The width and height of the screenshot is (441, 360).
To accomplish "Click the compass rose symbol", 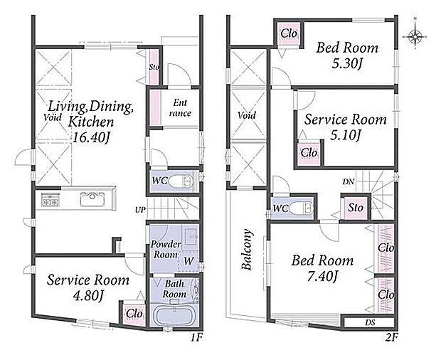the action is (x=415, y=36).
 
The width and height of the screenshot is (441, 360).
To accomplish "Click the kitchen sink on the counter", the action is (x=92, y=198).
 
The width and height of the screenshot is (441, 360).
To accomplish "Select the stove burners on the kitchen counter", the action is (x=51, y=198).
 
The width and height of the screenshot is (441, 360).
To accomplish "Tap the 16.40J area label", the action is (x=90, y=138).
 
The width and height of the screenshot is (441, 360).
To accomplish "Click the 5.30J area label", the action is (x=347, y=64).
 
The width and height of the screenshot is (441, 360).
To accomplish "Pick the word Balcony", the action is (x=247, y=250).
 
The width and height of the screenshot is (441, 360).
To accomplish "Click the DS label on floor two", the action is (x=371, y=323).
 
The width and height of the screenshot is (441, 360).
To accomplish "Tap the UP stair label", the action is (x=140, y=210).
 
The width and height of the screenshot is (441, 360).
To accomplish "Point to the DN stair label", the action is (x=349, y=181).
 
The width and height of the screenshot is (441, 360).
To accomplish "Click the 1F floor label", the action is (x=196, y=337).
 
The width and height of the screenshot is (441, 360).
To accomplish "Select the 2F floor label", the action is (x=391, y=337).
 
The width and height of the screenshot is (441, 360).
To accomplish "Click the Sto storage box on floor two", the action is (x=356, y=208).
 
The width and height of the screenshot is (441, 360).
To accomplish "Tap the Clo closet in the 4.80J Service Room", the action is (x=134, y=314).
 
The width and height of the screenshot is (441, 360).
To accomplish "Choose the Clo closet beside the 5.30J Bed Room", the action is (x=289, y=33).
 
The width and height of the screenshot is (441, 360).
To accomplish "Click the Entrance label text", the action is (x=180, y=107).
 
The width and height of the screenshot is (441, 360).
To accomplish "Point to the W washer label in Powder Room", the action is (x=188, y=261).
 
